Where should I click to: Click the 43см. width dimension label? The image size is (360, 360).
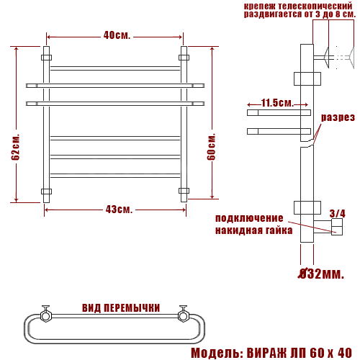[x=119, y=210]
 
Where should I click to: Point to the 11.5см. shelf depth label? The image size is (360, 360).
[x=276, y=103]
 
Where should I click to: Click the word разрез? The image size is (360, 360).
[x=338, y=117]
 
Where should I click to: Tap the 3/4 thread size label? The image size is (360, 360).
[x=337, y=213]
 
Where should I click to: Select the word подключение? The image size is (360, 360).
[x=249, y=219]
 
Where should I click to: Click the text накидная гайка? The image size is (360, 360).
[x=253, y=230]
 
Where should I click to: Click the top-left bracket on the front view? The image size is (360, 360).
[x=47, y=55]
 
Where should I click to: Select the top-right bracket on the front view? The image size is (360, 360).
[x=184, y=55]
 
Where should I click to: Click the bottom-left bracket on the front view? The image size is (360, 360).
[x=47, y=192]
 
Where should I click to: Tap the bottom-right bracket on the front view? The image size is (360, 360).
[x=184, y=192]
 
